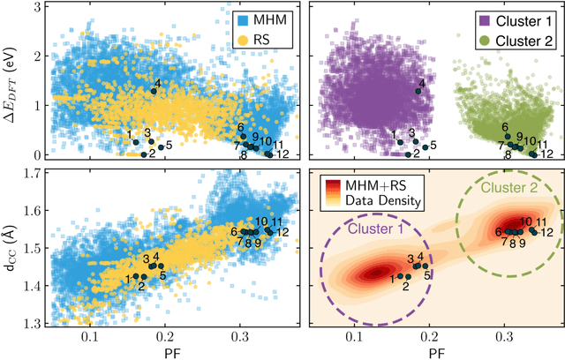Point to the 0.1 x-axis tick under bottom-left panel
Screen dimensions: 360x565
click(x=89, y=336)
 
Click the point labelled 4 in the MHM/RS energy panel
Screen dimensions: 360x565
click(x=154, y=91)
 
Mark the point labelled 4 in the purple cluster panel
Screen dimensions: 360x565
click(x=418, y=90)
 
